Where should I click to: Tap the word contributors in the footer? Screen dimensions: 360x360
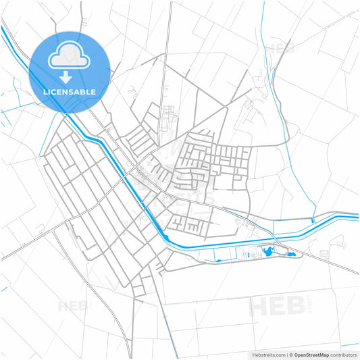(x=344, y=354)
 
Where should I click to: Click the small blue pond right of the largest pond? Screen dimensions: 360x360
(x=291, y=254)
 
